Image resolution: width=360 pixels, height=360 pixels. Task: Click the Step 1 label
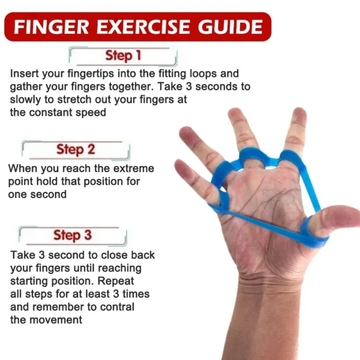click(123, 56)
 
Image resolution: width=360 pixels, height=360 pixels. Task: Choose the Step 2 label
click(76, 149)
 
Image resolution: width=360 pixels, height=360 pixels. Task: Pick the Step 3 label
click(72, 235)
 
